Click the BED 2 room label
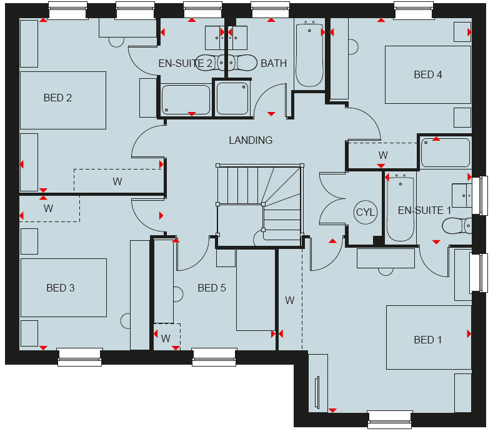[x=57, y=98]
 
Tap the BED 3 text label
[x=61, y=288]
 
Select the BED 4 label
[x=427, y=74]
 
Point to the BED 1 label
[x=427, y=340]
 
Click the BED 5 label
[x=212, y=288]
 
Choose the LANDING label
[x=251, y=140]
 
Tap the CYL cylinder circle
[x=366, y=212]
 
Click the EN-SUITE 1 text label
[x=424, y=210]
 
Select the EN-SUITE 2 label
[x=185, y=64]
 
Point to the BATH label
[x=274, y=64]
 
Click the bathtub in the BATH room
[x=310, y=53]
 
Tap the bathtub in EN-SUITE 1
[x=401, y=208]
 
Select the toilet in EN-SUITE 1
[x=457, y=226]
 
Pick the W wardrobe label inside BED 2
[x=117, y=181]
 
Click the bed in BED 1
[x=429, y=337]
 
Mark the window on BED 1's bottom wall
[x=389, y=420]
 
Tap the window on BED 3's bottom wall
[x=80, y=357]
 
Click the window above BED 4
[x=414, y=10]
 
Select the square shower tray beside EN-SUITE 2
[x=232, y=99]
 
